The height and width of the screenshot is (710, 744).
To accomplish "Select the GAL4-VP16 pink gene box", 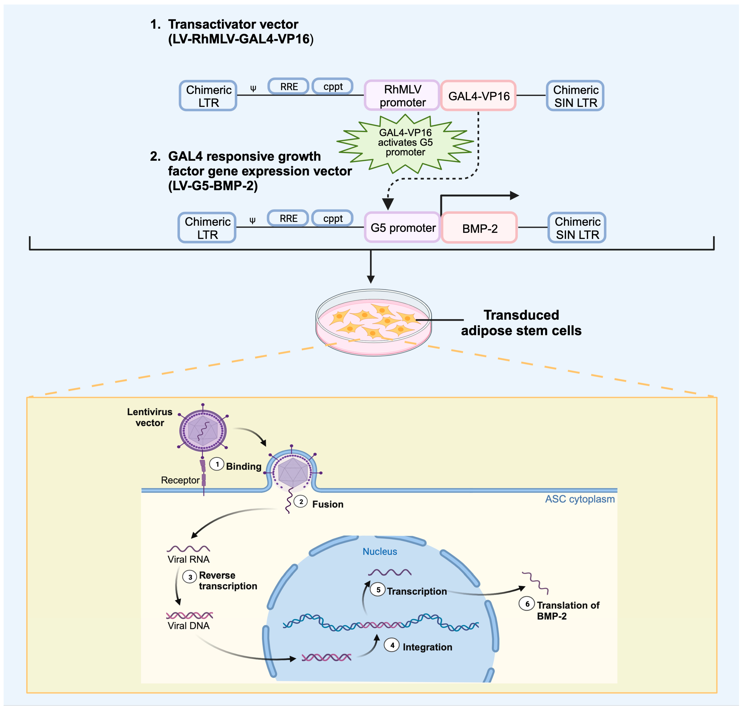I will (478, 96).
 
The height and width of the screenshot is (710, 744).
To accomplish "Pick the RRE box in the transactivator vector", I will (289, 87).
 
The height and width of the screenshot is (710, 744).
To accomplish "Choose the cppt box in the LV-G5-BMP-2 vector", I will (333, 218).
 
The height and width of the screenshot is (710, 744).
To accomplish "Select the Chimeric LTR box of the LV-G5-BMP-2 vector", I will (207, 228).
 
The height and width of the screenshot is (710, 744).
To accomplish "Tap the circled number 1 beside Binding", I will (217, 464).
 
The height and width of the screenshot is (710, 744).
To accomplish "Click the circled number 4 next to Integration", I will (392, 645).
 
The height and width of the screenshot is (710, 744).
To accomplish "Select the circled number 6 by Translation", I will (527, 604).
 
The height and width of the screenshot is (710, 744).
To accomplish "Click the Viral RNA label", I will (188, 559).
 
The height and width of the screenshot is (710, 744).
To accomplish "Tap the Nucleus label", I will (380, 552).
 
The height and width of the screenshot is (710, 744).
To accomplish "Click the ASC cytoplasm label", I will (580, 499).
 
